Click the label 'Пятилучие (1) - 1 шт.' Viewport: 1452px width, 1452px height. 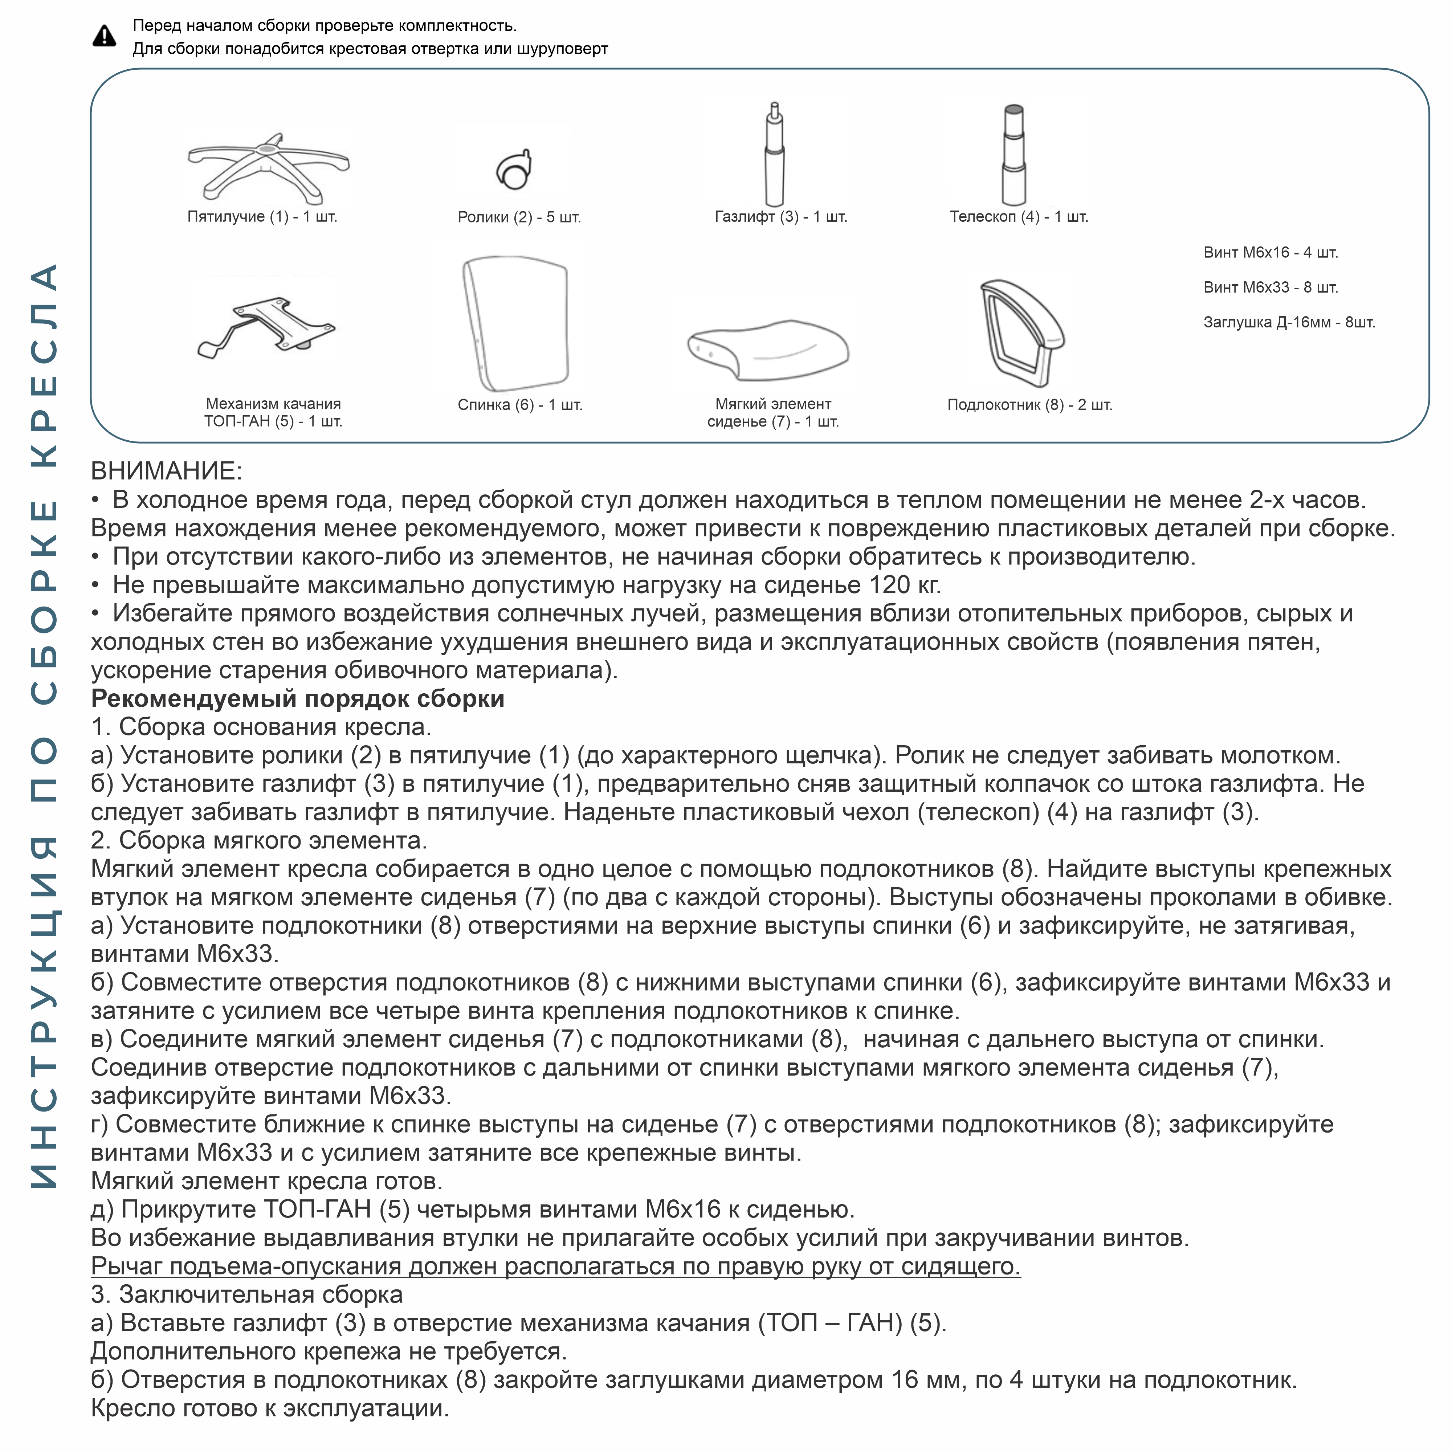(x=262, y=217)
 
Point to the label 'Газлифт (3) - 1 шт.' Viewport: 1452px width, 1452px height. (x=781, y=217)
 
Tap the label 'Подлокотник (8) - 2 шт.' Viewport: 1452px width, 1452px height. (x=1029, y=405)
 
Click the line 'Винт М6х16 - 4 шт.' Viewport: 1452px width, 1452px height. (x=1270, y=253)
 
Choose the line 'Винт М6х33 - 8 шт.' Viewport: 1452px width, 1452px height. (x=1270, y=287)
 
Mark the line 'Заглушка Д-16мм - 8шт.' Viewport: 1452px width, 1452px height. (x=1289, y=322)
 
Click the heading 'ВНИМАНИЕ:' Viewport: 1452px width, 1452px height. (x=166, y=471)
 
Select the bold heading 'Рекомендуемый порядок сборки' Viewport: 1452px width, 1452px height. (x=298, y=699)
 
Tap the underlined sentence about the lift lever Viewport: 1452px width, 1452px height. (x=555, y=1267)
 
